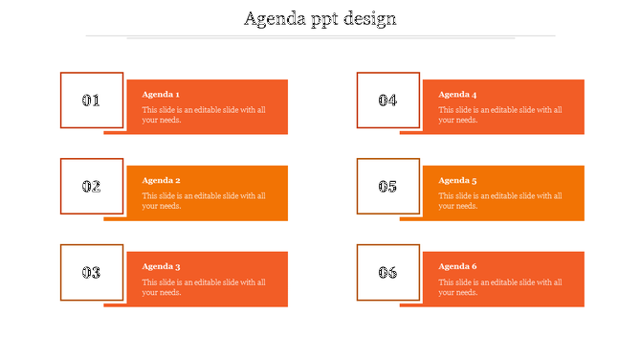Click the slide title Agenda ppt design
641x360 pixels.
[x=320, y=19]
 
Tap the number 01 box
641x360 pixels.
[x=92, y=100]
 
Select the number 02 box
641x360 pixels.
[x=92, y=186]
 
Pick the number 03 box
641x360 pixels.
[x=92, y=272]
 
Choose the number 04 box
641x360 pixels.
[x=387, y=100]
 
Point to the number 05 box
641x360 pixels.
[x=387, y=186]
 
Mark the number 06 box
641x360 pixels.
[x=387, y=272]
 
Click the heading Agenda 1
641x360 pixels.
[x=161, y=94]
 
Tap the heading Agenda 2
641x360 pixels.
[x=161, y=180]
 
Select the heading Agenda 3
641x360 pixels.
[x=161, y=266]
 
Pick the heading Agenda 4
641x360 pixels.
[x=457, y=94]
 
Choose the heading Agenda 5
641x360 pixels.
[x=457, y=180]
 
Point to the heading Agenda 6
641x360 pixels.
[x=457, y=266]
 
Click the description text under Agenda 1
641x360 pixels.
[x=204, y=115]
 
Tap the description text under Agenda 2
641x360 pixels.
[x=204, y=201]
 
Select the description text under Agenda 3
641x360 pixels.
[x=204, y=287]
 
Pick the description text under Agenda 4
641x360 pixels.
[x=500, y=115]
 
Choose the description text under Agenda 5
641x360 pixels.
[x=500, y=201]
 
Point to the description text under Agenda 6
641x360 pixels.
[x=500, y=287]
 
